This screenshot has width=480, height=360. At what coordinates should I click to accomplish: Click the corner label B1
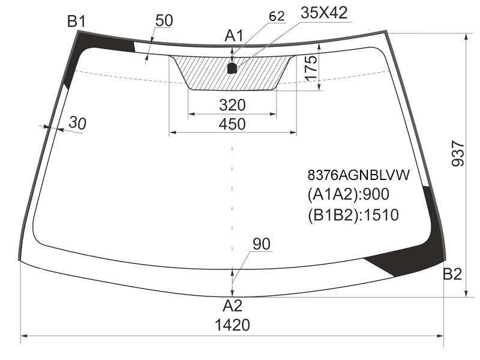77,22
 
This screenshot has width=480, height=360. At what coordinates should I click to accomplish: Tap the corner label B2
452,274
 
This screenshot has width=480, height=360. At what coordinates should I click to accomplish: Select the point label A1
234,35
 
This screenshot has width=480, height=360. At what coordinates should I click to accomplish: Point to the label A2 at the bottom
233,305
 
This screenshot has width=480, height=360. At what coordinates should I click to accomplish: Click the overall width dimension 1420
233,325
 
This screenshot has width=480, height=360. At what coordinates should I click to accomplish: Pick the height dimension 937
458,153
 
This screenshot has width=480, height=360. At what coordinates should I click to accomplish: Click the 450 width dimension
232,124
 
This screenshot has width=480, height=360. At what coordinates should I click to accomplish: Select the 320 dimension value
232,105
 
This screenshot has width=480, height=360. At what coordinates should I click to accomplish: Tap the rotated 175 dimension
311,68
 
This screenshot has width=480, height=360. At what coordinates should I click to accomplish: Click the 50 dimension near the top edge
164,20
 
